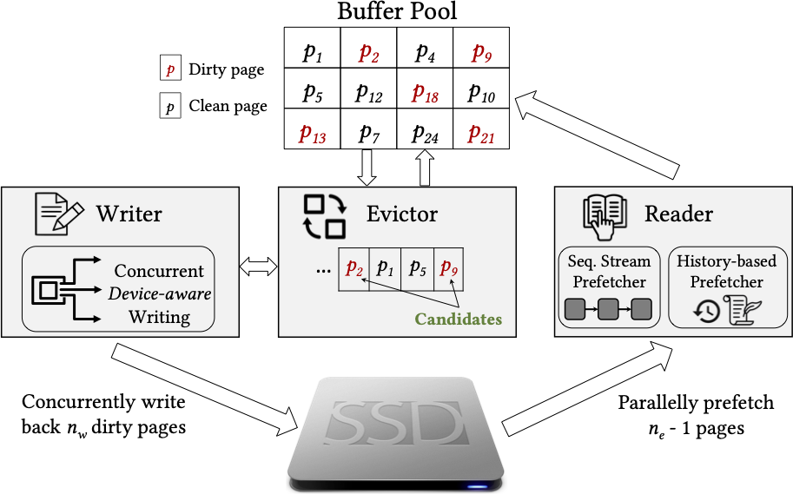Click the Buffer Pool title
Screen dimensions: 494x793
pos(397,13)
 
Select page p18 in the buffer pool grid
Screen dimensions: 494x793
pos(425,94)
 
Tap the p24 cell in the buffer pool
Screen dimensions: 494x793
pos(425,134)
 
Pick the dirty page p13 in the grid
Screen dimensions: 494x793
pos(312,134)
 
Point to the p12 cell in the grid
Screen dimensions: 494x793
pos(368,94)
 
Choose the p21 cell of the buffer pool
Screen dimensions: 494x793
pos(481,134)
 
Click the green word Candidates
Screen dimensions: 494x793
pos(458,319)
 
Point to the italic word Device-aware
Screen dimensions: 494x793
pos(160,293)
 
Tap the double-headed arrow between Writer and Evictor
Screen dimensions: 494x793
pos(257,264)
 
